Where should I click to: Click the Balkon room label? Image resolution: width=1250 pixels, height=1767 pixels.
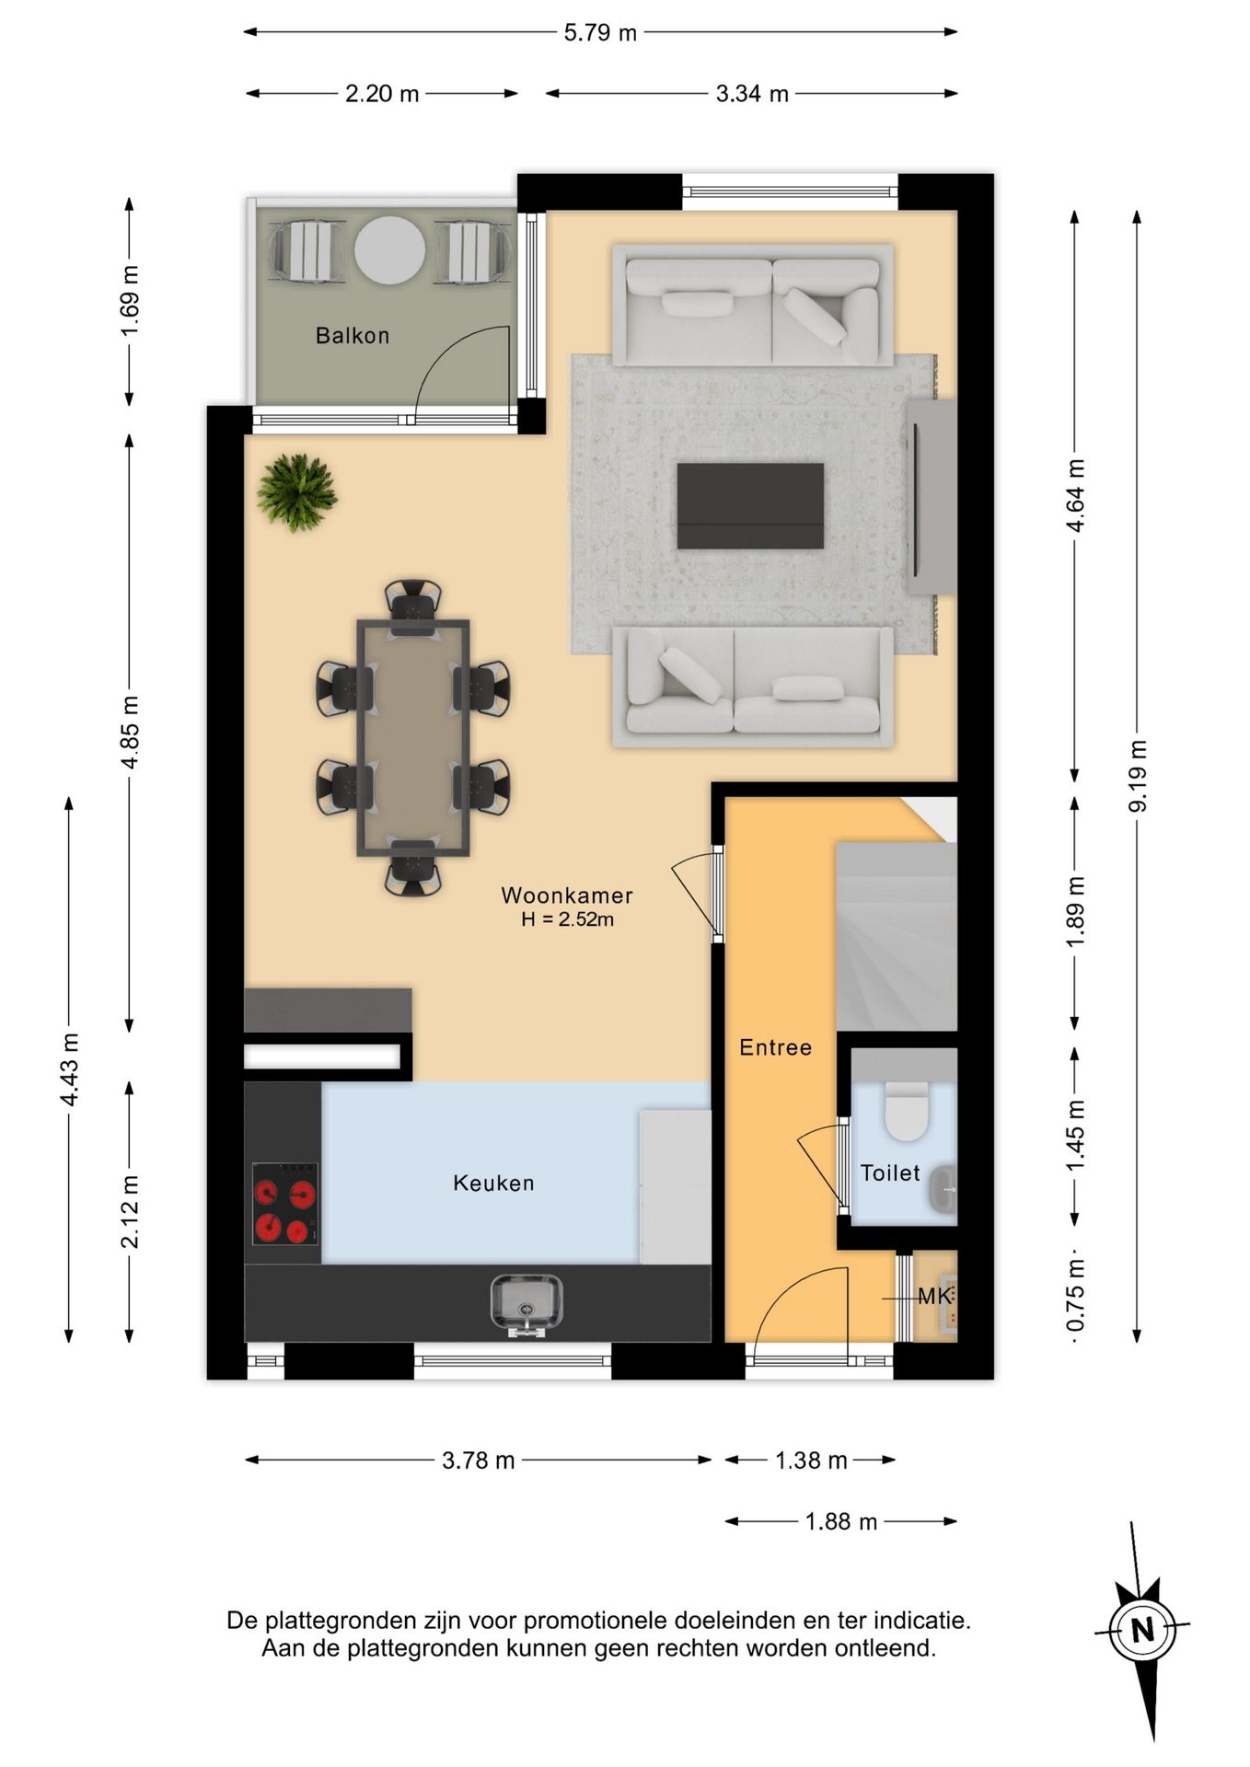(x=353, y=336)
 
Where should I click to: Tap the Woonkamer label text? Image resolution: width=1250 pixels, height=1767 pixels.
(x=567, y=895)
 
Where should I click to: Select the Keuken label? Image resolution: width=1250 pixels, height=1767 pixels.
(x=493, y=1183)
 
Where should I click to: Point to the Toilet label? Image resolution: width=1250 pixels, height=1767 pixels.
(x=890, y=1172)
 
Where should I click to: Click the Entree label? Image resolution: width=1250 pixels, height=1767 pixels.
(x=776, y=1047)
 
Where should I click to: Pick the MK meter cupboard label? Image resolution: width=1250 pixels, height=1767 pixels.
(x=934, y=1297)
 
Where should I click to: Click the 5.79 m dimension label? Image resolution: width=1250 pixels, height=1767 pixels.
(x=600, y=33)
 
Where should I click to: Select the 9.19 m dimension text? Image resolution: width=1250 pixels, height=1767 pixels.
(x=1138, y=776)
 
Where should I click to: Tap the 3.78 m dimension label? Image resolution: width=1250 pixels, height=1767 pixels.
(x=479, y=1461)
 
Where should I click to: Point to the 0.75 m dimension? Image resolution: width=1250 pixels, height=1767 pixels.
(x=1075, y=1295)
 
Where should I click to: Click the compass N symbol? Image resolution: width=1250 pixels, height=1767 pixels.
(x=1142, y=1631)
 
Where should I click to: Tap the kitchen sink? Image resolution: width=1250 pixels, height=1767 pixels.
(x=527, y=1305)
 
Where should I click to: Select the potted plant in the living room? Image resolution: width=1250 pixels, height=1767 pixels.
(x=296, y=492)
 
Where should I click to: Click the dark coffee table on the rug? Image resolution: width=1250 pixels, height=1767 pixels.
(x=750, y=506)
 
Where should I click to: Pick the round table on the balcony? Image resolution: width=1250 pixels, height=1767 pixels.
(x=390, y=250)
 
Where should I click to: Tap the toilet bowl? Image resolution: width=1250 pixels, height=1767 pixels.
(x=907, y=1111)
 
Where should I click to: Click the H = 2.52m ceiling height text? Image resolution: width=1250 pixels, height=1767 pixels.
(x=567, y=919)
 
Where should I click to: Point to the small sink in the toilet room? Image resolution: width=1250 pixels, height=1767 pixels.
(x=943, y=1189)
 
